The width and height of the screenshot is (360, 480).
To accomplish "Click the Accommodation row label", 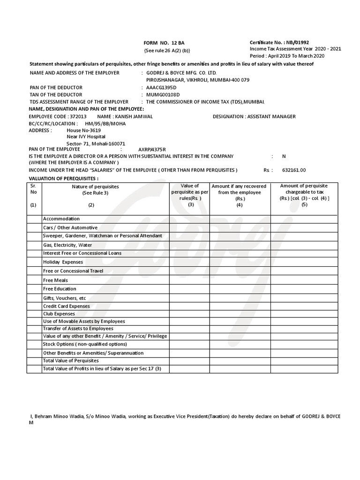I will click(x=61, y=219).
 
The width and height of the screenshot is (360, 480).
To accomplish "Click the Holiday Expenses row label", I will click(x=63, y=262).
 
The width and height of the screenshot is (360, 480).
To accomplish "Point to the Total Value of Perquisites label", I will click(x=71, y=361).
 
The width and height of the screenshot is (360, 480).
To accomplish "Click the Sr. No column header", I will click(x=33, y=189).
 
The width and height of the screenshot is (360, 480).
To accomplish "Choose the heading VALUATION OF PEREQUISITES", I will click(x=64, y=179).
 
